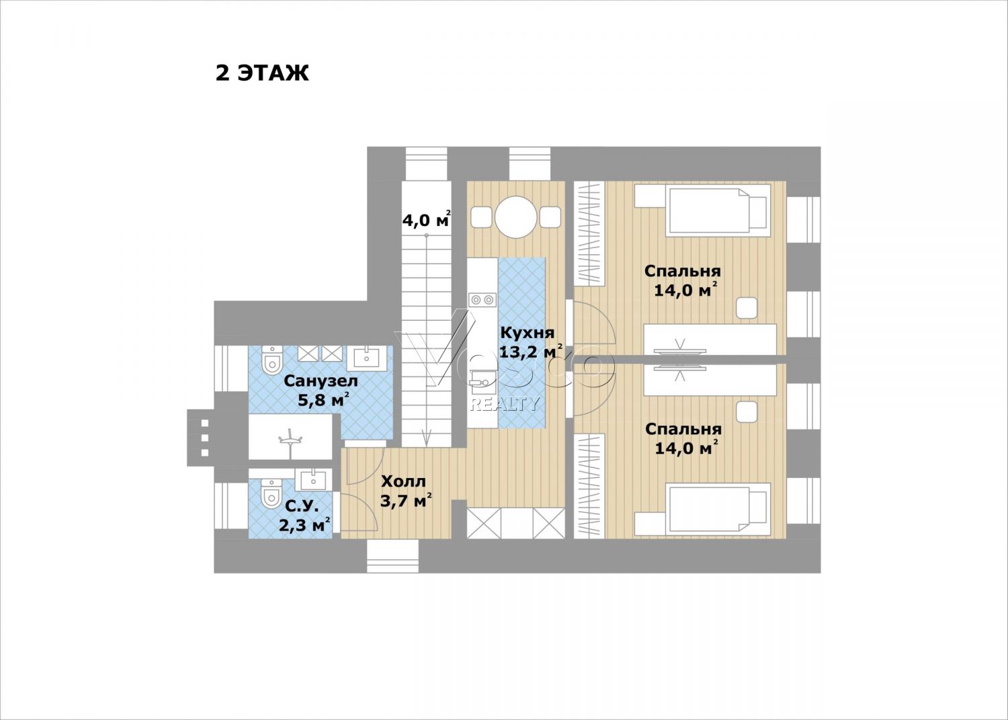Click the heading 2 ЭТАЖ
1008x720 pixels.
coord(262,73)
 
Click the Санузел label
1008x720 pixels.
coord(321,381)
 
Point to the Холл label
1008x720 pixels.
coord(403,481)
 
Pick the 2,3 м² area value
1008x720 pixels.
coord(304,524)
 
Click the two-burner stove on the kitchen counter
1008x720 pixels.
coord(482,299)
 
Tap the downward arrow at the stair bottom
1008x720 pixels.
coord(427,438)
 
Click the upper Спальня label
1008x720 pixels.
coord(682,271)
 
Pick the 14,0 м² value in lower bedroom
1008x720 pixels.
coord(685,448)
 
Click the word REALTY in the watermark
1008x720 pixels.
coord(503,404)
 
